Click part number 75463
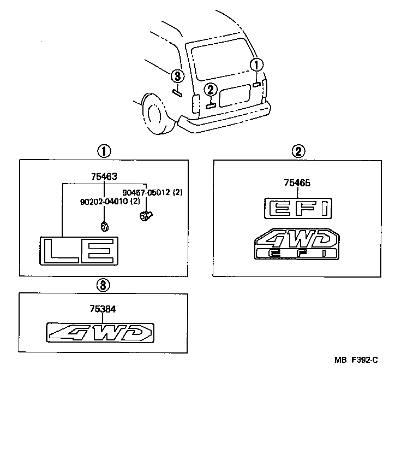[x=104, y=176]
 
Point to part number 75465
[x=297, y=183]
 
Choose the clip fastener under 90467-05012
[x=145, y=216]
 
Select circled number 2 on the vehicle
[x=211, y=90]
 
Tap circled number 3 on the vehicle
[x=177, y=76]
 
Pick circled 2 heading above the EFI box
[x=297, y=151]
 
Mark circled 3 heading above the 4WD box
[x=104, y=285]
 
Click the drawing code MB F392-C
[x=356, y=360]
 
